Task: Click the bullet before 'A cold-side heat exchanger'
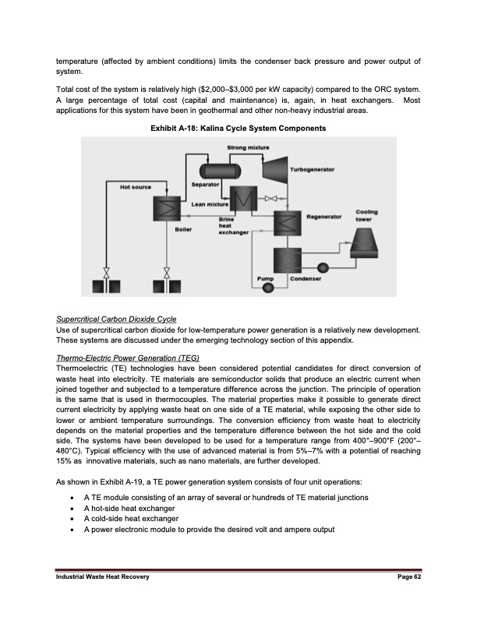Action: tap(72, 519)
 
